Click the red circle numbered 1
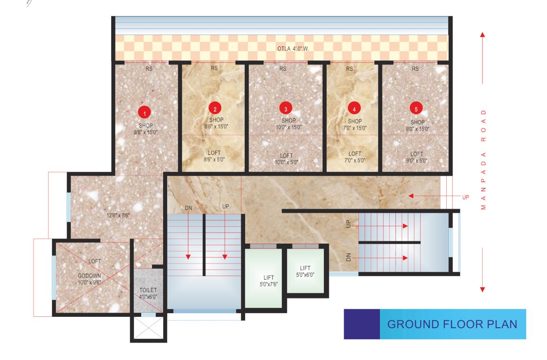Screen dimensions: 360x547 [x=145, y=112]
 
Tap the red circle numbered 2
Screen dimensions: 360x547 [x=215, y=109]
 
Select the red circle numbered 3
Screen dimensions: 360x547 [x=286, y=109]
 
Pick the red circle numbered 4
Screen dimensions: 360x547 [x=354, y=109]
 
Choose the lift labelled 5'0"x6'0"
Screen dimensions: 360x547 [x=305, y=271]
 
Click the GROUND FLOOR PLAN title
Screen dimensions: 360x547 [x=452, y=324]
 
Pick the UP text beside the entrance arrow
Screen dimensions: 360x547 [x=465, y=197]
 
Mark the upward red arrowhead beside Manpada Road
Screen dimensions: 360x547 [x=483, y=35]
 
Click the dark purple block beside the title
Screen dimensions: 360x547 [x=361, y=324]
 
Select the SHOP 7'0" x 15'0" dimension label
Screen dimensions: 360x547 [x=354, y=124]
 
